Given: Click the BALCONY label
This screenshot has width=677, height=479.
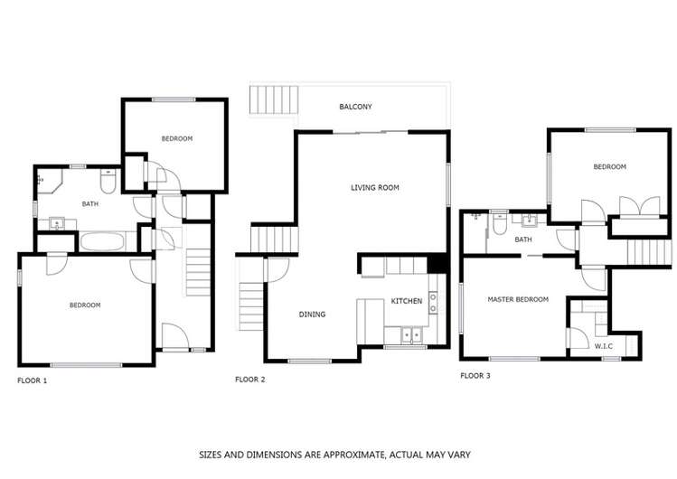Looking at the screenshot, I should pyautogui.click(x=355, y=107).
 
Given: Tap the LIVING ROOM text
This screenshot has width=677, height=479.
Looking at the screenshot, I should pyautogui.click(x=375, y=188).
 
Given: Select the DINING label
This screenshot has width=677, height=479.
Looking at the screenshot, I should pyautogui.click(x=312, y=315).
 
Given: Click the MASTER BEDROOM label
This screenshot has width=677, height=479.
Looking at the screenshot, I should pyautogui.click(x=518, y=299).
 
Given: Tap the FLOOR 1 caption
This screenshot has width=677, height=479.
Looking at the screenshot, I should pyautogui.click(x=32, y=380).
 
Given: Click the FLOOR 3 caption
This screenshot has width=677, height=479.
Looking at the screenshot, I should pyautogui.click(x=475, y=374).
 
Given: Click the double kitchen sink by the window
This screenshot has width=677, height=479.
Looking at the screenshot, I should pyautogui.click(x=411, y=335).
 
